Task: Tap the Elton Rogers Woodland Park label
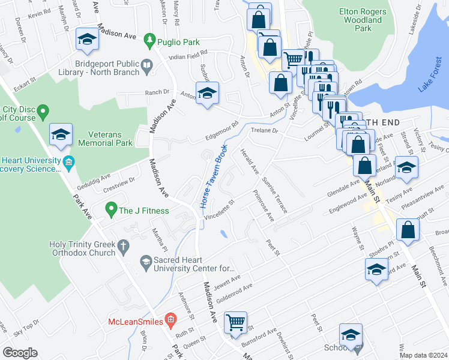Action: coord(360,20)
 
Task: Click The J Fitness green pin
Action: coord(110,210)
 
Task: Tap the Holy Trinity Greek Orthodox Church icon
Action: coord(123,245)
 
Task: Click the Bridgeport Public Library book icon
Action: coord(147,67)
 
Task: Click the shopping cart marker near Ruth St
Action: coord(236,322)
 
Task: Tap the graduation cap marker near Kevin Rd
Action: coord(87,40)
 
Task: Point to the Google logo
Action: coord(20,352)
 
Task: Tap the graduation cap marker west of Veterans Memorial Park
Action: coord(61,135)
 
